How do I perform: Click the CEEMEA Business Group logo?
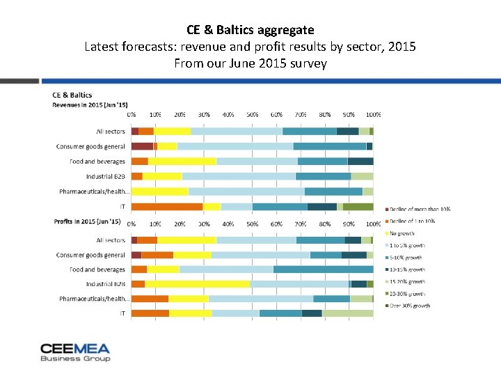(x=75, y=352)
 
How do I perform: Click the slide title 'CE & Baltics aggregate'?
(x=250, y=30)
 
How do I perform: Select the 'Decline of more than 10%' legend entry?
(x=420, y=209)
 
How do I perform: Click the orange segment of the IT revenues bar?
(x=167, y=206)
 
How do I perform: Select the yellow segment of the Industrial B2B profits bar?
(x=197, y=284)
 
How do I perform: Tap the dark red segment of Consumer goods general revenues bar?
(x=142, y=146)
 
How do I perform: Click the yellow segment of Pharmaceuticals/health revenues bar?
(x=159, y=191)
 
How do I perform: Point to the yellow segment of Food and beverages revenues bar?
(x=182, y=162)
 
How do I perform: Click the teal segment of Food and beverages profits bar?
(x=323, y=269)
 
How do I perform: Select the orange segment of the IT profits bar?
(x=150, y=313)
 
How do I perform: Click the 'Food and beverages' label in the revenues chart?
(x=97, y=162)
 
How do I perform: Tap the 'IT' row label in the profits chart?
(x=122, y=313)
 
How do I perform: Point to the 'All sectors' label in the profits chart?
(x=111, y=240)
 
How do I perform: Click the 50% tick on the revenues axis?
(x=253, y=114)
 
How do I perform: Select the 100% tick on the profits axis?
(x=373, y=224)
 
